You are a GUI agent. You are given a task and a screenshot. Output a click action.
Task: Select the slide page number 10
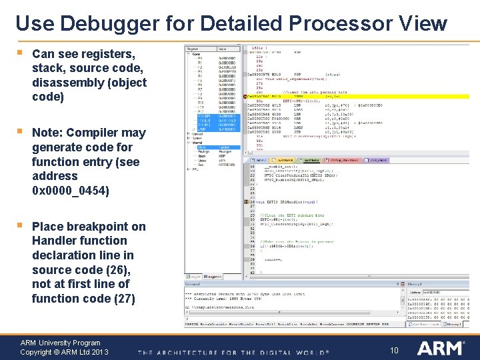point(394,350)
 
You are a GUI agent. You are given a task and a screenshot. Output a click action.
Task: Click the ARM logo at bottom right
point(440,348)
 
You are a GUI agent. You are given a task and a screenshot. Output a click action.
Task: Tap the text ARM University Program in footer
point(60,343)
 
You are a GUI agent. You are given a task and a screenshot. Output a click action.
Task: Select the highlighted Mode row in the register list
point(201,147)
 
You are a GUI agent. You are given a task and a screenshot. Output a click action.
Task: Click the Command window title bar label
point(193,283)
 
